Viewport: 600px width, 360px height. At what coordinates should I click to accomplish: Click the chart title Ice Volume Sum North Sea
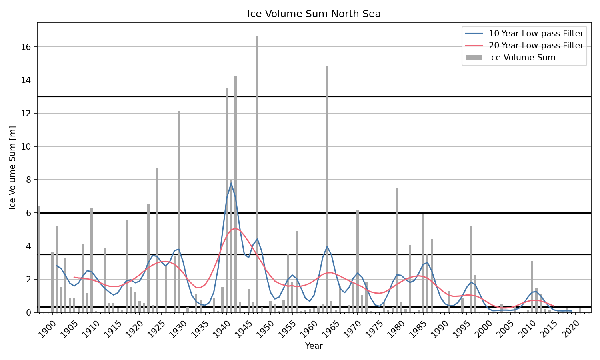[314, 14]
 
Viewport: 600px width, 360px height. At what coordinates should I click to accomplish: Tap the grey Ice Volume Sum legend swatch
[474, 58]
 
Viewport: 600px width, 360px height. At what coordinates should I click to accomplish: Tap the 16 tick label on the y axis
[26, 47]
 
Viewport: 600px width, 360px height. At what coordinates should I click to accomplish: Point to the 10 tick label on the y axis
[26, 147]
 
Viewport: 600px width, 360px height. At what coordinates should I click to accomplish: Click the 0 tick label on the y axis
[29, 312]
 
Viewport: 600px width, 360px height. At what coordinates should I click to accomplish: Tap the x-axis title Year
[314, 346]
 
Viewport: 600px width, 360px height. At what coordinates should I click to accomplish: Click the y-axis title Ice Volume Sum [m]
[13, 168]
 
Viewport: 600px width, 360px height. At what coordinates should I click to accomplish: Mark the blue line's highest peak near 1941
[231, 183]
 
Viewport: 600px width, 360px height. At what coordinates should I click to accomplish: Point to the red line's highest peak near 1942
[235, 228]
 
